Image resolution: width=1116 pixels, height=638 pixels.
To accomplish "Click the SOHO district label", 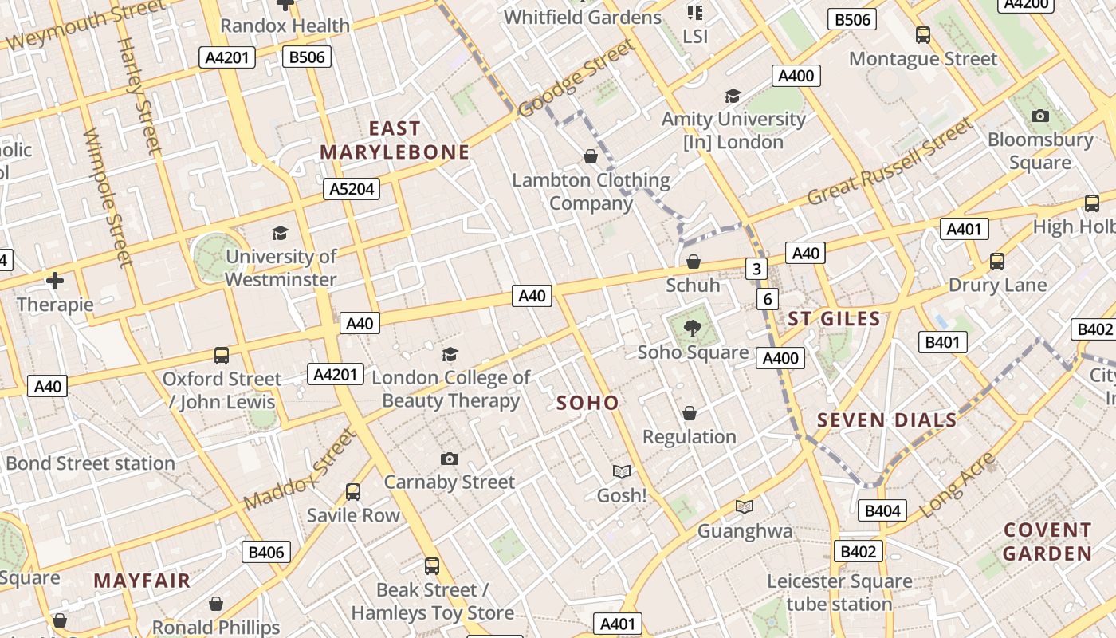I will click(x=587, y=403).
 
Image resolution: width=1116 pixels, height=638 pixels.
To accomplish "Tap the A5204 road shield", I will click(x=351, y=189).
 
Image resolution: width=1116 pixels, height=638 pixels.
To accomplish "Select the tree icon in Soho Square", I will click(x=693, y=326).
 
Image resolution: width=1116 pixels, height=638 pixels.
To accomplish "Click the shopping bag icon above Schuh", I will click(x=694, y=262).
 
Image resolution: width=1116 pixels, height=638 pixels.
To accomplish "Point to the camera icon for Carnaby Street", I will click(x=450, y=459).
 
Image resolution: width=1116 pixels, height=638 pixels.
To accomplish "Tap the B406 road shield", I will click(x=266, y=552).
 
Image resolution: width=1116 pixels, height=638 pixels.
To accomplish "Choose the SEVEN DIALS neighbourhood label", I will click(x=886, y=420).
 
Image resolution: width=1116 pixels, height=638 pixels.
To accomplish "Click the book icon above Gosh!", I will click(x=621, y=471).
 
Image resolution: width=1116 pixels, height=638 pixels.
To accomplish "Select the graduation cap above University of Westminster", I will click(x=280, y=233).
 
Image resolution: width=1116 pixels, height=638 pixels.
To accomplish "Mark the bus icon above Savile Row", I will click(x=353, y=492).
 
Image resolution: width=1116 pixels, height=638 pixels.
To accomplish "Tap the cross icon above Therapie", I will click(x=55, y=281).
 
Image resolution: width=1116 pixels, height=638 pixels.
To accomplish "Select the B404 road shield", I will click(x=882, y=510).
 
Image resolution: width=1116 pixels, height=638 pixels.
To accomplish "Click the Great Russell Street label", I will click(x=890, y=162).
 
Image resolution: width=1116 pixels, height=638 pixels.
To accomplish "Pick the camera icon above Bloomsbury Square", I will click(x=1039, y=116).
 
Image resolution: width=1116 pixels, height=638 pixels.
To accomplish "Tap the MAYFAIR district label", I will click(x=142, y=581).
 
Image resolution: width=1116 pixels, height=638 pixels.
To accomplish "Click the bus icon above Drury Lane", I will click(x=996, y=262).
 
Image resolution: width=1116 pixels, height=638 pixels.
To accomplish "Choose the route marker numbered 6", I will click(x=767, y=299).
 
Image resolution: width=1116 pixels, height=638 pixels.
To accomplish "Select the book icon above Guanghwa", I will click(x=745, y=506).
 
